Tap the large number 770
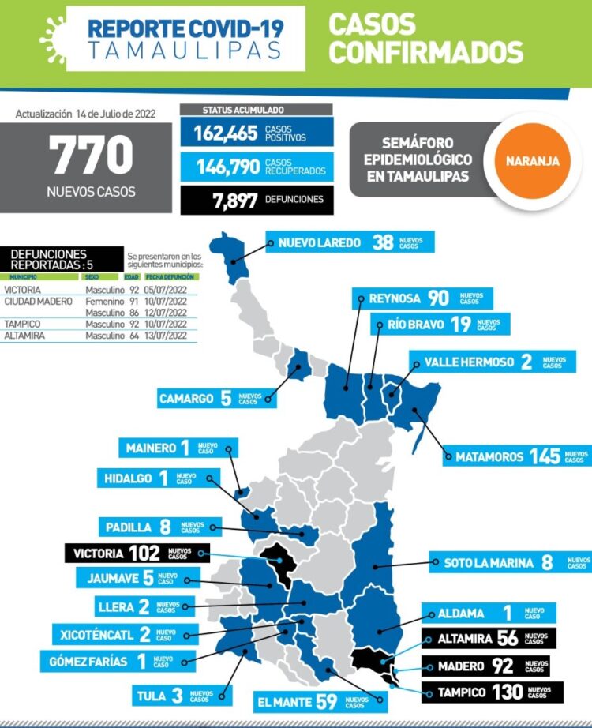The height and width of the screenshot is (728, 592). coord(92,156)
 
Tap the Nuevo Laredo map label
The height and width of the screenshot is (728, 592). coord(349,242)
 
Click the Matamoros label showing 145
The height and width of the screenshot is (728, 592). coord(516,456)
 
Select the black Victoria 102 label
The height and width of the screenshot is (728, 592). coord(129,553)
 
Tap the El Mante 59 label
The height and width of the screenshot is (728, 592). coord(321,700)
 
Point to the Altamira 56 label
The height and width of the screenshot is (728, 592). coord(489,639)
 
